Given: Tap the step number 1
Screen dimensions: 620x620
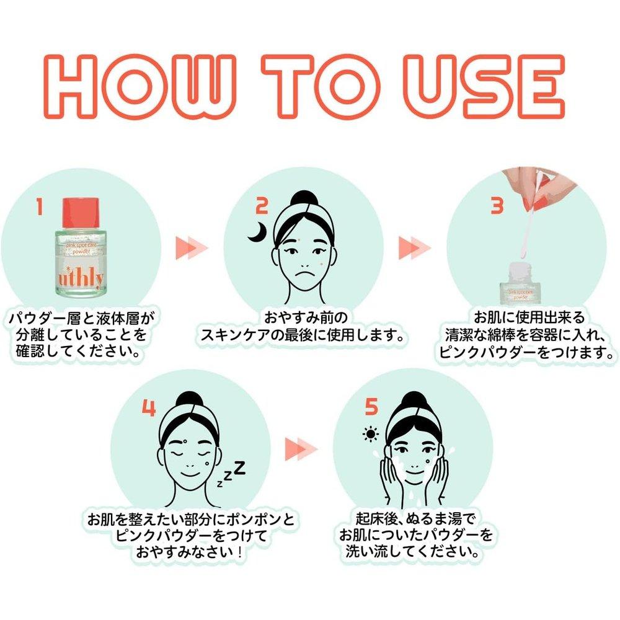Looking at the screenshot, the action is tap(39, 206).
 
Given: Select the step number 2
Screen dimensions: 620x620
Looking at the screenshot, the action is tap(262, 206).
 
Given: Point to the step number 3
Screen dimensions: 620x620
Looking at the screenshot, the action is tap(497, 206).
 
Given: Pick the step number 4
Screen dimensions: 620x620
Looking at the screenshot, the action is tap(149, 408).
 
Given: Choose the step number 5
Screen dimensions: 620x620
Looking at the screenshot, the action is tap(371, 407).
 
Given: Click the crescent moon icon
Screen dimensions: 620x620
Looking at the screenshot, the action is tap(256, 232).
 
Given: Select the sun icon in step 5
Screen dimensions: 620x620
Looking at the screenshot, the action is tap(371, 434).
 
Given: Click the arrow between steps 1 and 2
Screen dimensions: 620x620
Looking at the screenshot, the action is tap(192, 249).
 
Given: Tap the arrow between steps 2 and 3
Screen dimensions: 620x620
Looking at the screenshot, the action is tap(415, 249).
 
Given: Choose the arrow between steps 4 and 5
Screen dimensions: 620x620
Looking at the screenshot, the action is tap(301, 449).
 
